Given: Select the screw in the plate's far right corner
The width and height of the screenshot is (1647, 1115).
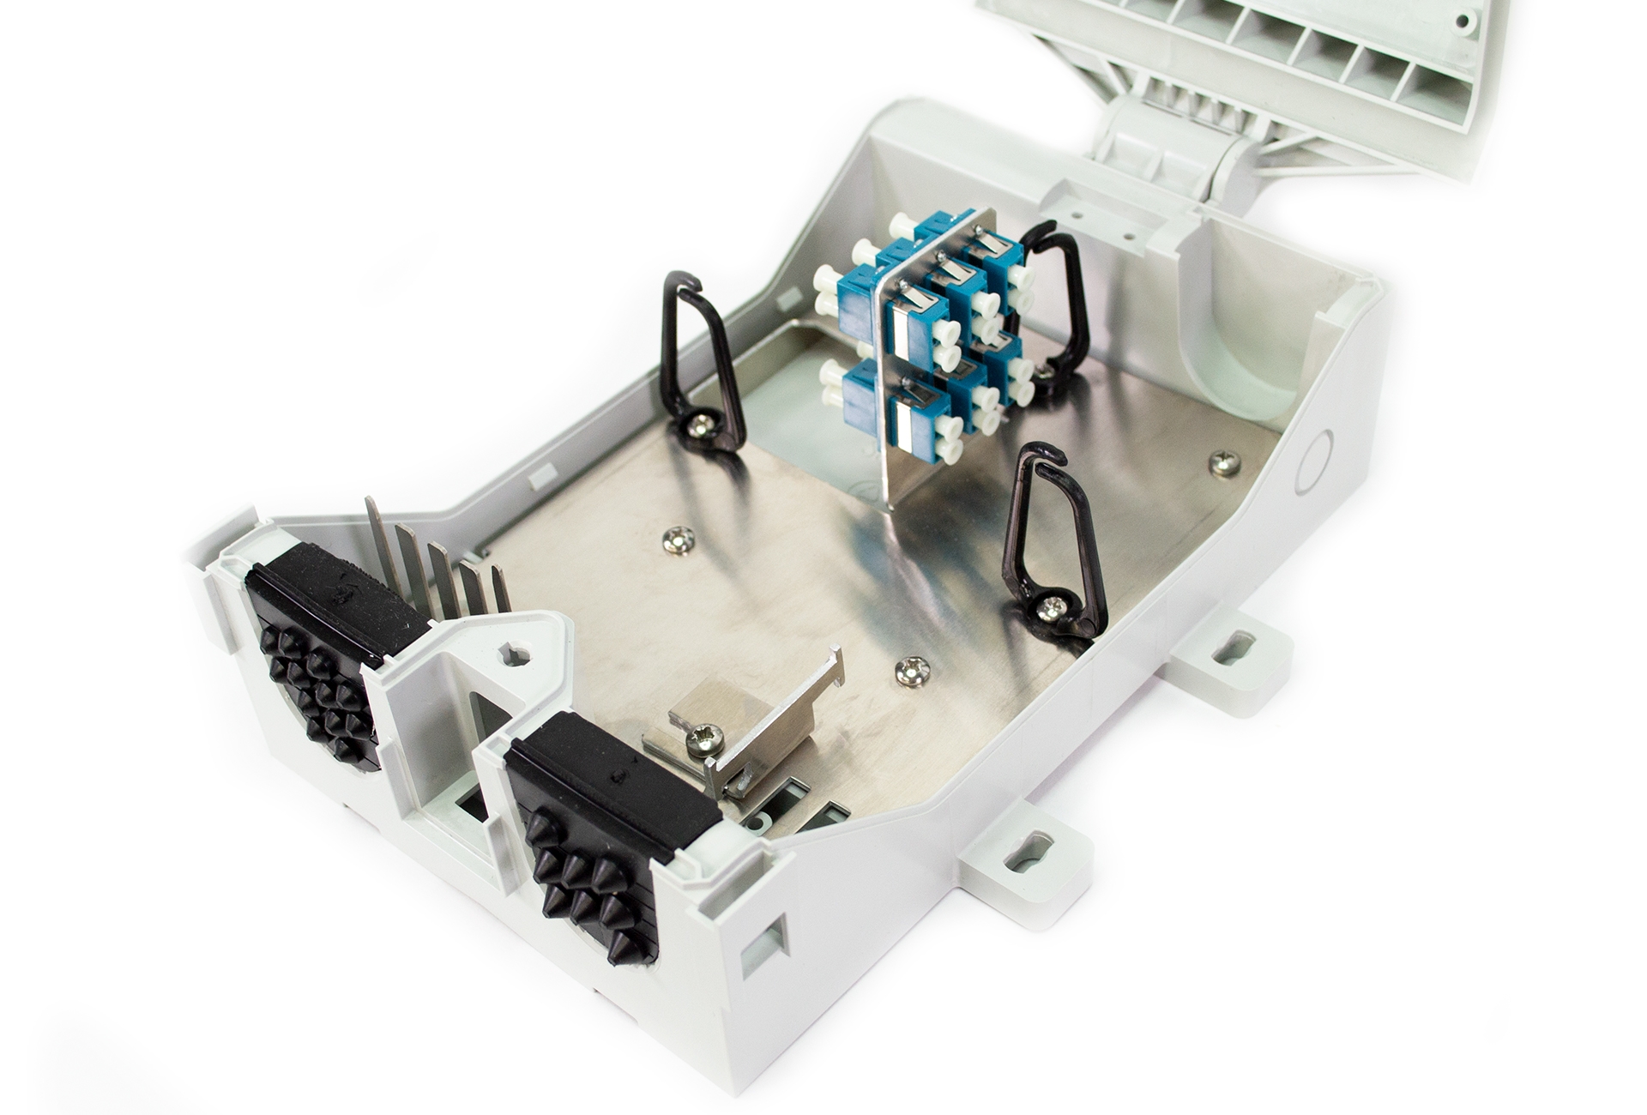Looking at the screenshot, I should tap(1225, 464).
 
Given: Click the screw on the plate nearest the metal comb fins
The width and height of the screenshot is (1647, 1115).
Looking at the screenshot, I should tap(679, 539).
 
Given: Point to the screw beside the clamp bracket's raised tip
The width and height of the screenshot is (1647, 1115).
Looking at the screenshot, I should tap(912, 671).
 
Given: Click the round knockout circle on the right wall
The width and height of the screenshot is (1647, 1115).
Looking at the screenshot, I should tap(1313, 462).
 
